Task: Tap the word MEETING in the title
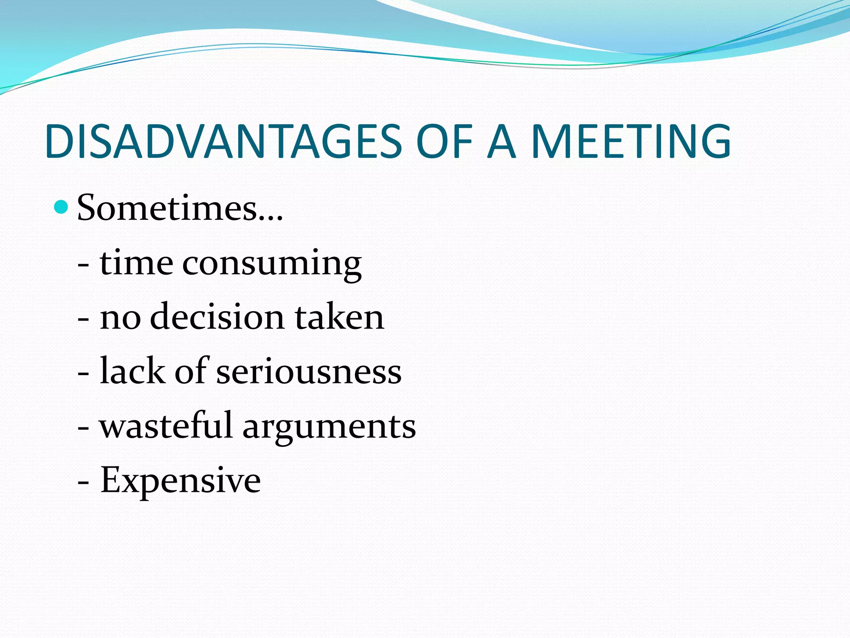coord(630,142)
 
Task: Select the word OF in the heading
coord(445,142)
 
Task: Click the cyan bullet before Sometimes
coord(61,206)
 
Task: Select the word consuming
coord(272,265)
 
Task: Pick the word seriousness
coord(309,371)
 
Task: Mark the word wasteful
coord(166,425)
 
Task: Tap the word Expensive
coord(181,481)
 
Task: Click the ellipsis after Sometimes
coord(270,218)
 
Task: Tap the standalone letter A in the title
coord(501,142)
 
